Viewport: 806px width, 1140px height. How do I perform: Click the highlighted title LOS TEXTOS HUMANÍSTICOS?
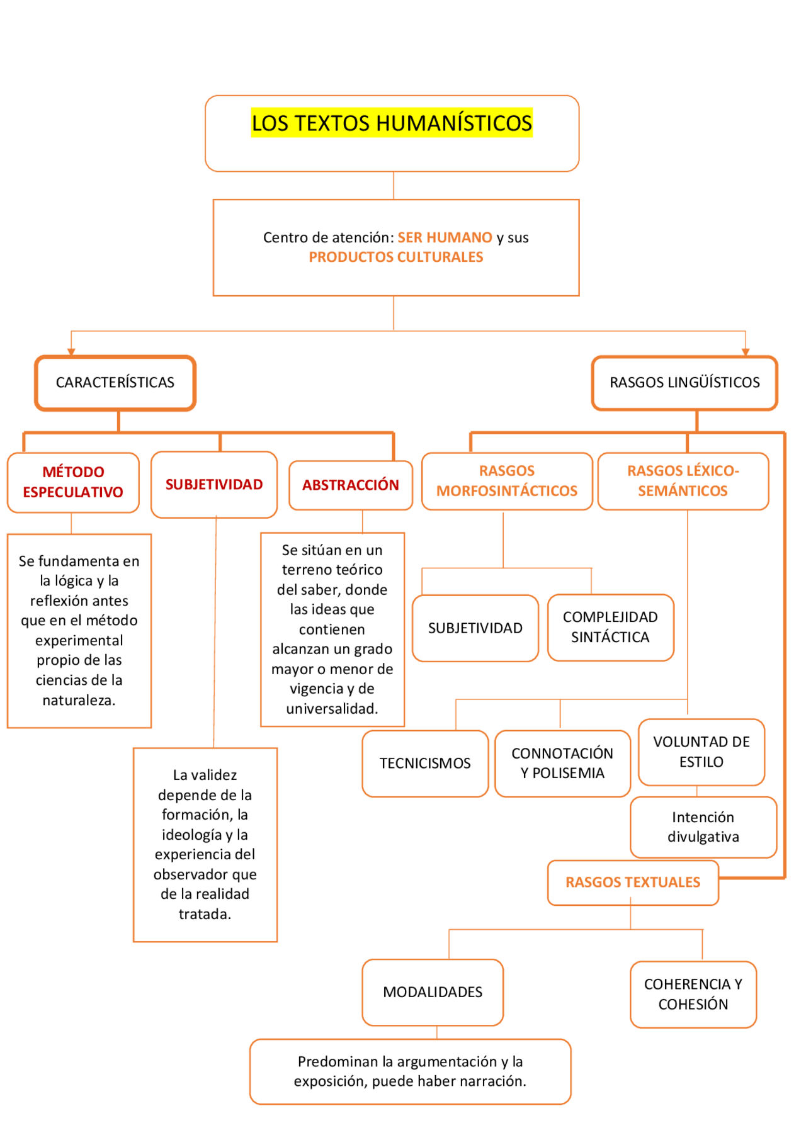pyautogui.click(x=392, y=123)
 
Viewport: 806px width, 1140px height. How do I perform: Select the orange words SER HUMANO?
pyautogui.click(x=445, y=237)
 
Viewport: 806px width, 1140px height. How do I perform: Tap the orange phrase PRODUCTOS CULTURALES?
pyautogui.click(x=395, y=257)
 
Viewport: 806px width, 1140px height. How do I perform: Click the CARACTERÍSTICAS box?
pyautogui.click(x=115, y=383)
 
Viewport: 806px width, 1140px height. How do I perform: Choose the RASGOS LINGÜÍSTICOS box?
pyautogui.click(x=684, y=383)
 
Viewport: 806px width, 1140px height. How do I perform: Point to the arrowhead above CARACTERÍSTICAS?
pyautogui.click(x=71, y=352)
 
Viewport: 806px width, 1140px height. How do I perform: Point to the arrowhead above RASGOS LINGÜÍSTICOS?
pyautogui.click(x=746, y=352)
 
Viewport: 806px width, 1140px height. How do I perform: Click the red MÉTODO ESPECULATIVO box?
pyautogui.click(x=73, y=482)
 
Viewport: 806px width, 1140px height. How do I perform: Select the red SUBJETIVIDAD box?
pyautogui.click(x=214, y=485)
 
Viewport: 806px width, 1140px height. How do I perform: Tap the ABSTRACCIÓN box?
pyautogui.click(x=350, y=485)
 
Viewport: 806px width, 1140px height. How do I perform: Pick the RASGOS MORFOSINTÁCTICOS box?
pyautogui.click(x=507, y=481)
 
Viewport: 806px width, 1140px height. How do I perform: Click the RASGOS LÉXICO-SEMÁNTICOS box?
pyautogui.click(x=683, y=481)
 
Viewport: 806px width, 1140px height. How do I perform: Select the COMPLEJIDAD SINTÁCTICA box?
pyautogui.click(x=610, y=628)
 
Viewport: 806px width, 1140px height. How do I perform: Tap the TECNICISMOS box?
pyautogui.click(x=425, y=764)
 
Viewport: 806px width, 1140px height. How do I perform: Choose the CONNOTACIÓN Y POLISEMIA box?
pyautogui.click(x=562, y=764)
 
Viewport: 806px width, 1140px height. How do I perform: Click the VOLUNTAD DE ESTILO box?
pyautogui.click(x=701, y=752)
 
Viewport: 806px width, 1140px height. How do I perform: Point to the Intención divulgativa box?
pyautogui.click(x=703, y=827)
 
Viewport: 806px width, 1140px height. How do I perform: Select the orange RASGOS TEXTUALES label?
pyautogui.click(x=633, y=883)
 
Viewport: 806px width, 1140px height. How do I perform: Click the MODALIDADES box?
pyautogui.click(x=433, y=992)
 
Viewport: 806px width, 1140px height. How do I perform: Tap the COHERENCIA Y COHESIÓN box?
pyautogui.click(x=693, y=995)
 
